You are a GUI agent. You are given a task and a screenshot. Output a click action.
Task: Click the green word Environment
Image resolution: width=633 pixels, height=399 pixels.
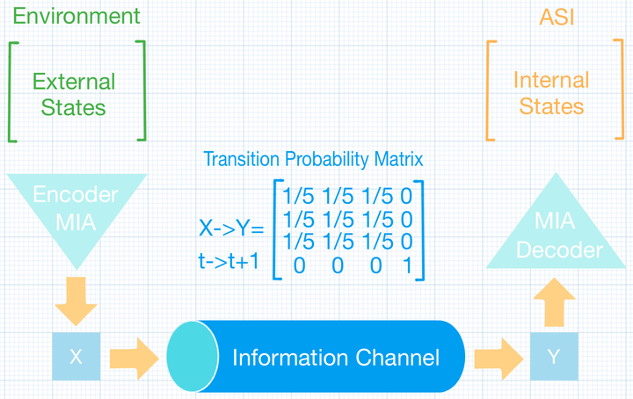76,16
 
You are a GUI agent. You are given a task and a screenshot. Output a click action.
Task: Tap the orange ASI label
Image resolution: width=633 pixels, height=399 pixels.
557,18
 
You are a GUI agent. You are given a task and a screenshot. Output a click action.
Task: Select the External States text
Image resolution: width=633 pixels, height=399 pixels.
74,94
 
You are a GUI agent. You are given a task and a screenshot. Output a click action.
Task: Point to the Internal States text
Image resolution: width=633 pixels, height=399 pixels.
551,93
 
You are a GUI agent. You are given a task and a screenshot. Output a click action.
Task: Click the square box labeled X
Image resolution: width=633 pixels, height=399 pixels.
76,356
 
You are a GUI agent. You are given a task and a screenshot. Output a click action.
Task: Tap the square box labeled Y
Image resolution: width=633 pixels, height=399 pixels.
554,356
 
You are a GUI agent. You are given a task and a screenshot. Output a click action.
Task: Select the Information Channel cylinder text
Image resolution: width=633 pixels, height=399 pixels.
336,358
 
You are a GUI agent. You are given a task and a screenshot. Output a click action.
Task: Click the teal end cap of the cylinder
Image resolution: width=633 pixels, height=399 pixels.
193,356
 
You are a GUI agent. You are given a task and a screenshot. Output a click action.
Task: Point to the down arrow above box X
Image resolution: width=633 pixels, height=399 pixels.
76,301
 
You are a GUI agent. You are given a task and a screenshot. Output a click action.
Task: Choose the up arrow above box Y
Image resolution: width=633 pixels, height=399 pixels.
554,301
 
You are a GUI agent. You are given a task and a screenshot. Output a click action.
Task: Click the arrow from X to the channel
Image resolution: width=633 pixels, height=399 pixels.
134,359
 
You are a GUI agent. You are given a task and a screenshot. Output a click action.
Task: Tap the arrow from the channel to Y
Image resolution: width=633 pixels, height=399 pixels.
498,359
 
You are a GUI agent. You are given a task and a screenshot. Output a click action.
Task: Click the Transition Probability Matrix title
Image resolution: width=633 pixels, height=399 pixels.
313,159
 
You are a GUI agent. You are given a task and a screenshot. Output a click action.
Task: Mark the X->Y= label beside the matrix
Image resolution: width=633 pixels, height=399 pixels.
231,229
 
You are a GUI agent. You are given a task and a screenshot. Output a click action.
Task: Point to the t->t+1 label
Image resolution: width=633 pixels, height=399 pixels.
229,261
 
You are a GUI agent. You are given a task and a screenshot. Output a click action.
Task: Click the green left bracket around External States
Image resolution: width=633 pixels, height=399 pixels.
12,92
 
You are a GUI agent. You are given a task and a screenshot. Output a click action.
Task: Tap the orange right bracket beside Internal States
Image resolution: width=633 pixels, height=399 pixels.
619,89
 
